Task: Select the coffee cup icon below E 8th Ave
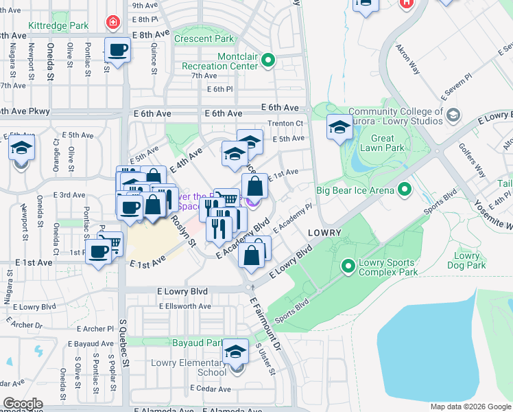[117, 50]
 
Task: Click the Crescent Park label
[204, 39]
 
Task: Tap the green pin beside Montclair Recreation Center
[268, 60]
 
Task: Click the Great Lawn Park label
[387, 143]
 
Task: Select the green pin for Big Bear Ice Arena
[405, 190]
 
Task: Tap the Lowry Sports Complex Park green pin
[348, 264]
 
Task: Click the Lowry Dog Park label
[467, 260]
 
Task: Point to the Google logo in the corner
[23, 404]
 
